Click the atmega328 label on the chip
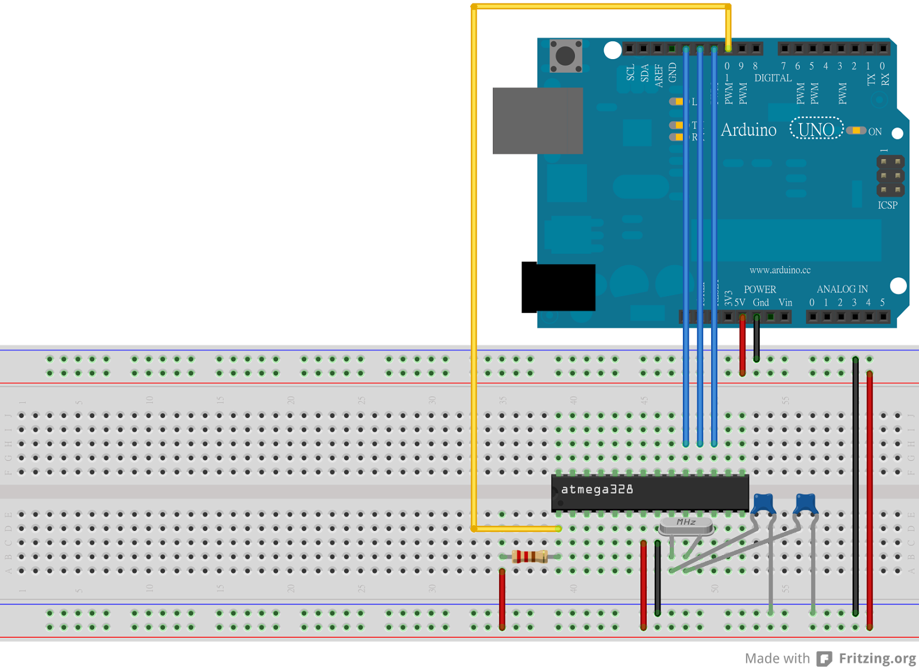coord(597,490)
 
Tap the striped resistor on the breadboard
coord(529,556)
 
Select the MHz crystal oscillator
coord(686,525)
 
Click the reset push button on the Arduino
coord(566,56)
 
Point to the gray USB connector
coord(538,121)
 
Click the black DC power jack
coord(558,288)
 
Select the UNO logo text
coord(816,130)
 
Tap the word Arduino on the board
coord(748,130)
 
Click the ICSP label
coord(887,205)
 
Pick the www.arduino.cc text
coord(780,270)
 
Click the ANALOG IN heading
coord(842,289)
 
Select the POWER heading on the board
coord(760,289)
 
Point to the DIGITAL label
coord(773,78)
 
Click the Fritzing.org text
coord(877,658)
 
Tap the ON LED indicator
coord(856,131)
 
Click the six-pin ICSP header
coord(890,176)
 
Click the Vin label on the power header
coord(785,303)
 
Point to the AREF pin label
coord(658,75)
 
